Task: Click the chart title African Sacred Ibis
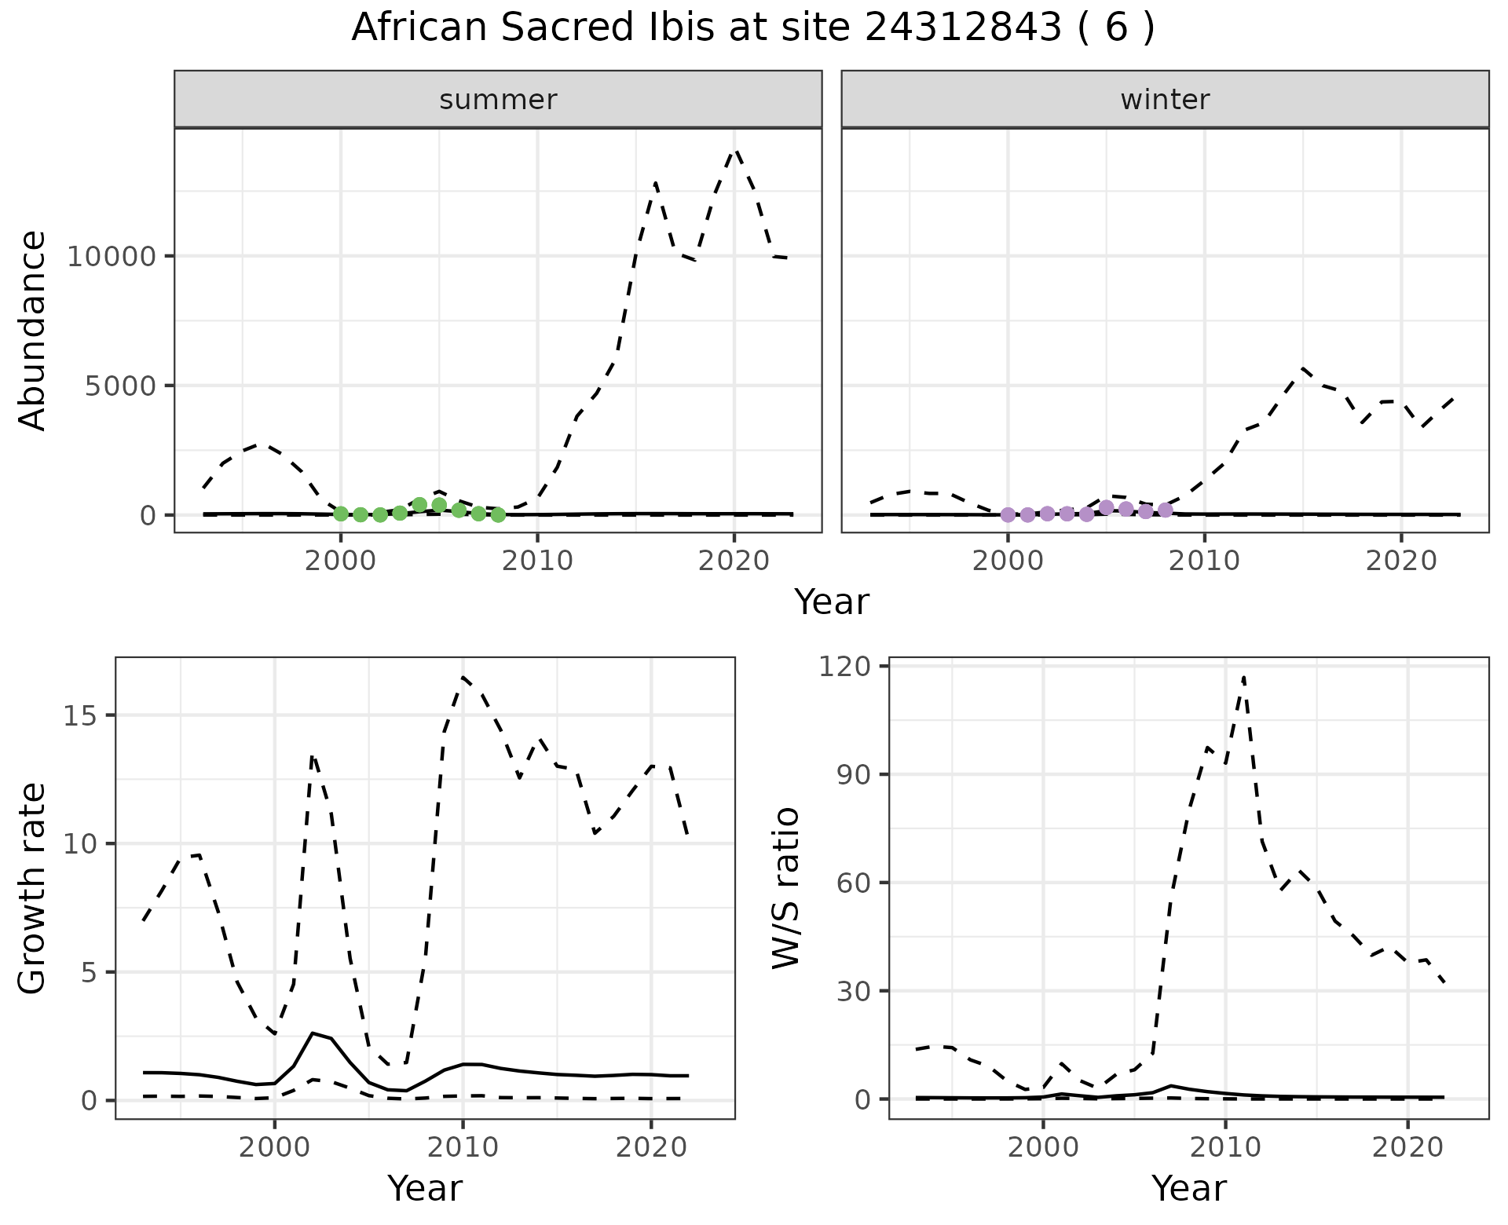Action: pos(752,28)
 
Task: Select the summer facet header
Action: pos(498,100)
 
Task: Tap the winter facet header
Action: pos(1165,100)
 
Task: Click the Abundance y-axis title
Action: pos(33,331)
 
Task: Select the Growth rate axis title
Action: pos(33,888)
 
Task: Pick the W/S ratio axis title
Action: pos(785,888)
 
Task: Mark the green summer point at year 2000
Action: pos(341,514)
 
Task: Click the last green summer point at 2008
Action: pos(498,515)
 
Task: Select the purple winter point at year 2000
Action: pos(1008,515)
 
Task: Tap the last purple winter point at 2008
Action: pos(1166,510)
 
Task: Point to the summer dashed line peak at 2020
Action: pos(735,151)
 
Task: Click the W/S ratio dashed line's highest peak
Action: pos(1243,677)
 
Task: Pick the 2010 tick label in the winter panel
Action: pos(1204,561)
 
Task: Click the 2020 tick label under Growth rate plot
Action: pos(651,1147)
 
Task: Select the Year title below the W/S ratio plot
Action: pos(1188,1189)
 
